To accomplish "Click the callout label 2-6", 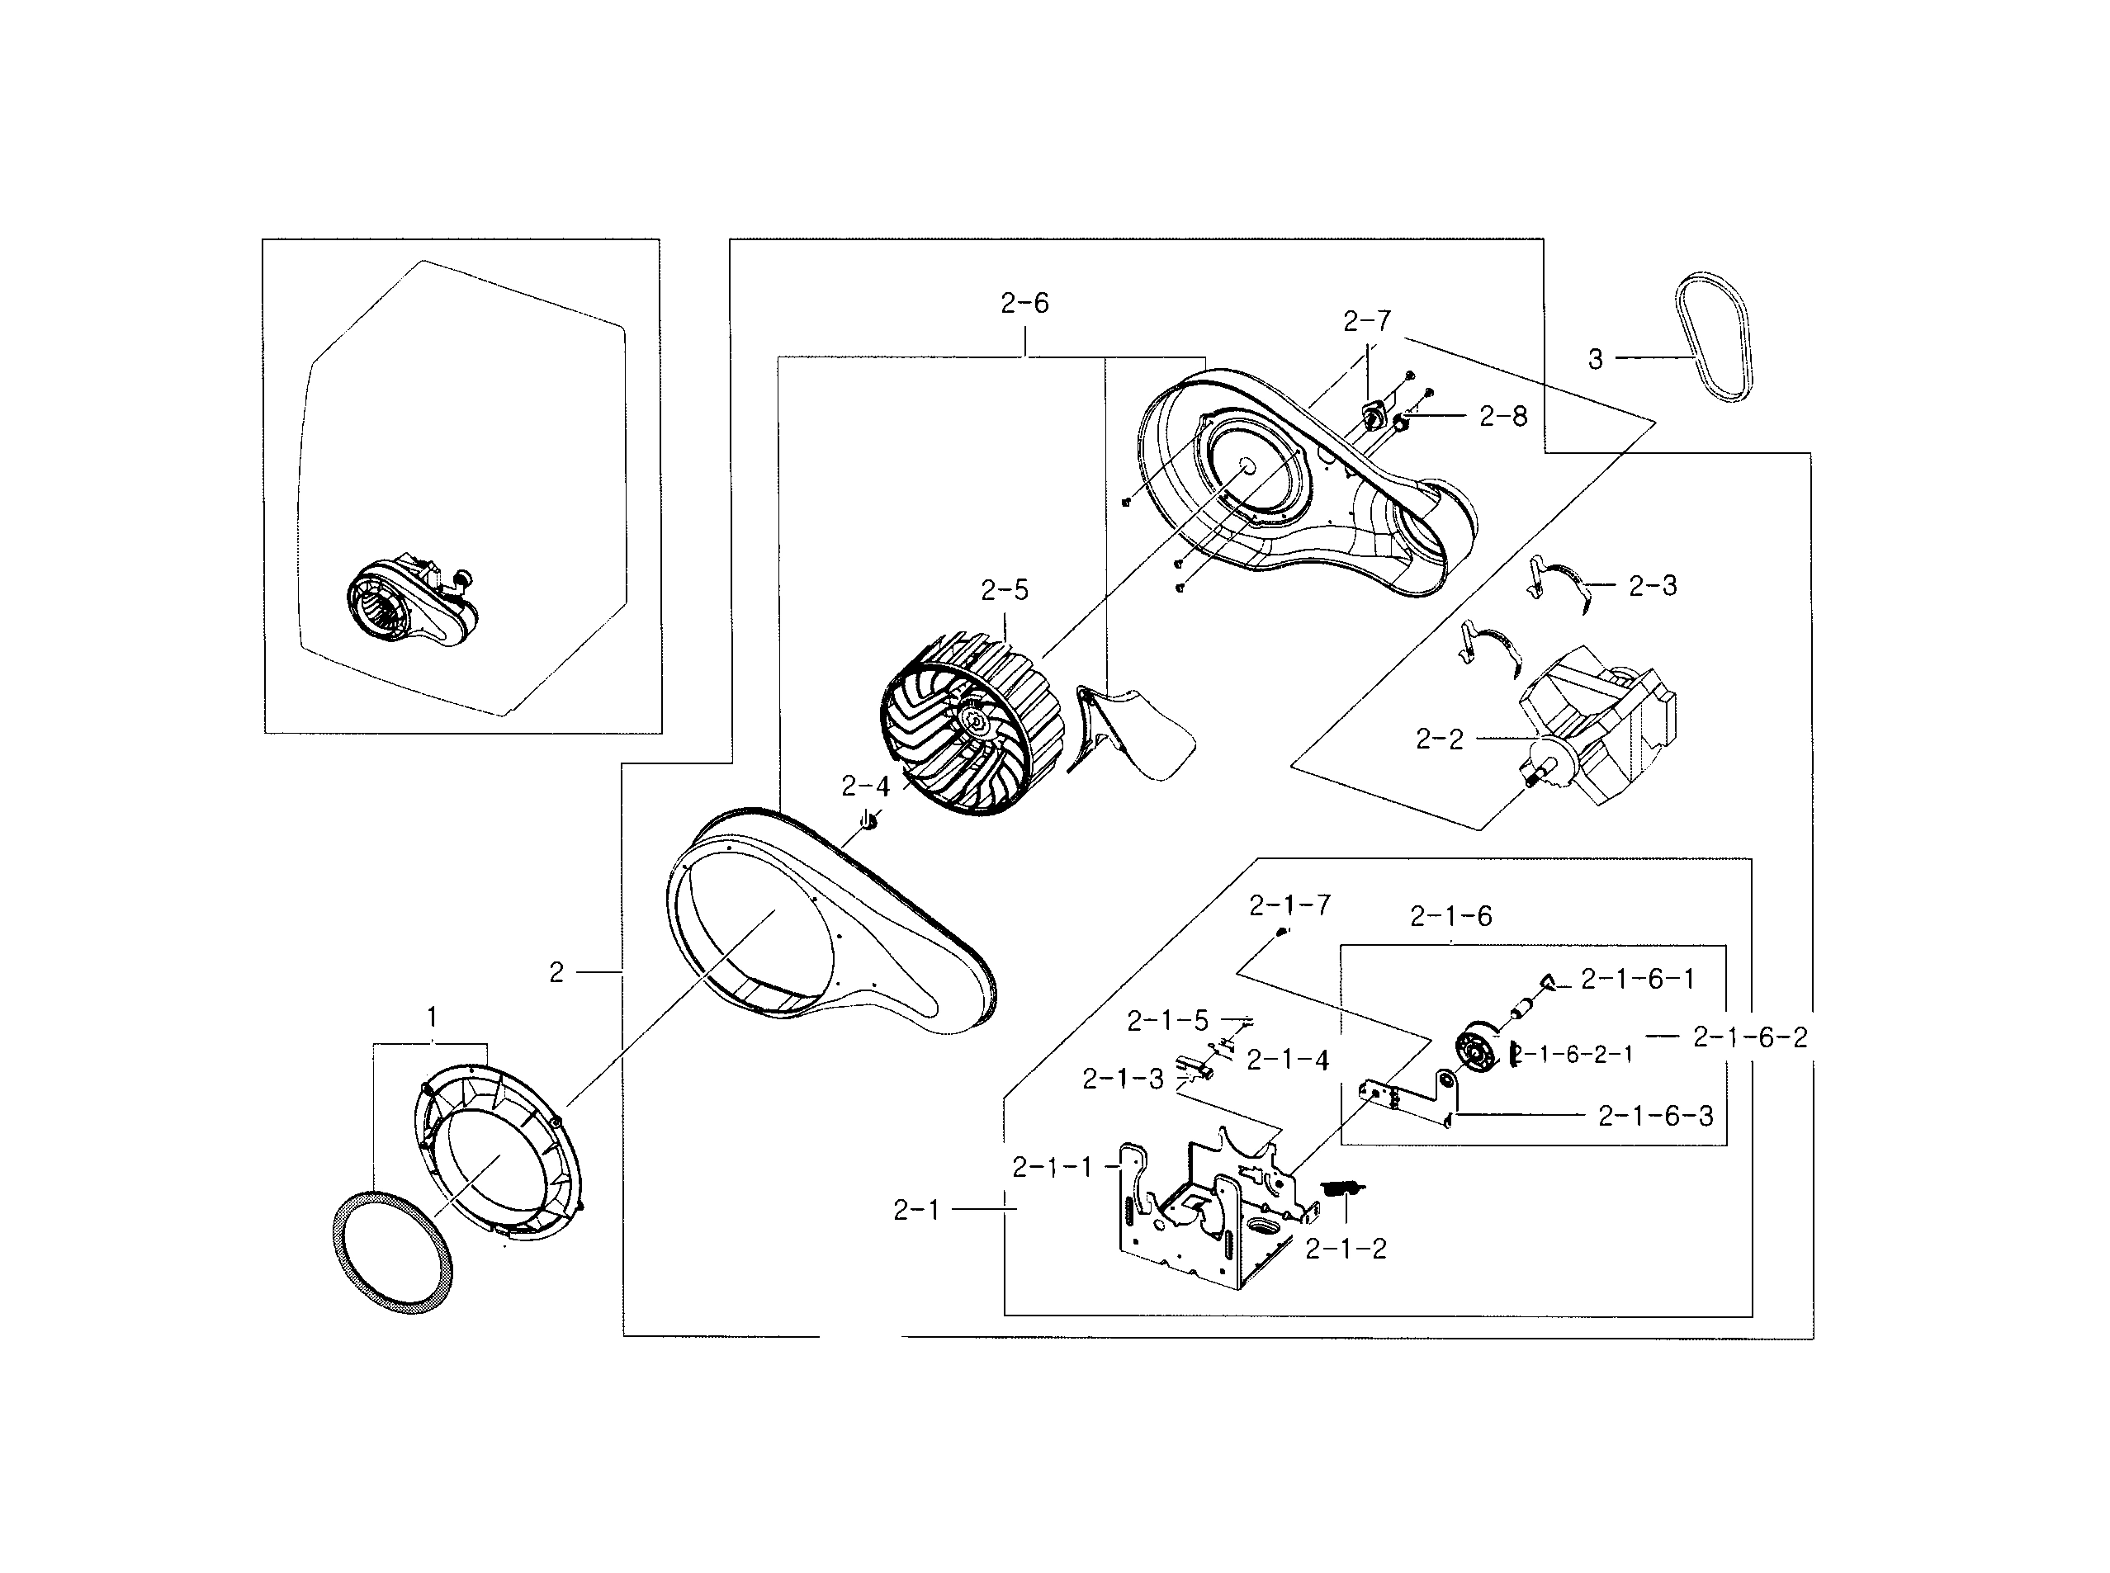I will click(1024, 304).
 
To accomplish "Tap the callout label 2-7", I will click(1366, 322).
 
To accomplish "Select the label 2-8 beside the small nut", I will click(1502, 416).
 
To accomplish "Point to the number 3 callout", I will click(1595, 359).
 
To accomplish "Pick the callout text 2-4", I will click(864, 786).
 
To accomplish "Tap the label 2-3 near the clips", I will click(1652, 586).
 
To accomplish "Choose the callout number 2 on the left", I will click(556, 972).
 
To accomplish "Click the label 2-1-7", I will click(1289, 905).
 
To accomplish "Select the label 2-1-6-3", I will click(1655, 1116).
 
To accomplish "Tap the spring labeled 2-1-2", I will click(1343, 1188).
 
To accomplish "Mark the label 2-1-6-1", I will click(1638, 979).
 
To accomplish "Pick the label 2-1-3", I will click(1123, 1079).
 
